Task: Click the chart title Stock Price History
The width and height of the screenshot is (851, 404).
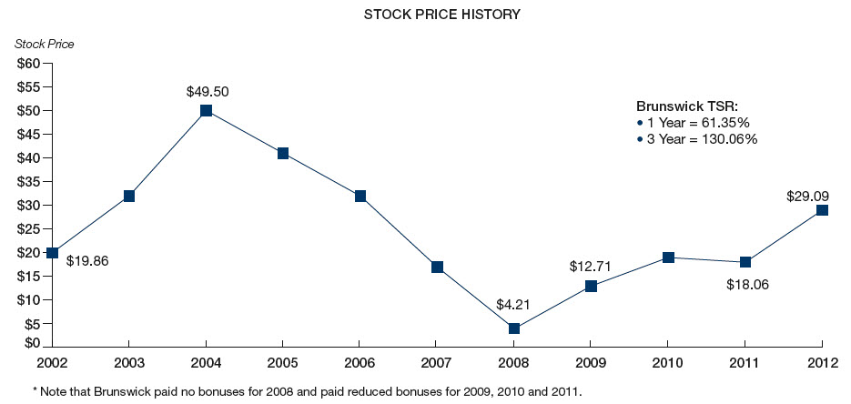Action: click(429, 15)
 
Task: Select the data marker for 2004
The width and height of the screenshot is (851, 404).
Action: click(206, 110)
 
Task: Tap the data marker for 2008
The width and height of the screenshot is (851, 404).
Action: click(514, 328)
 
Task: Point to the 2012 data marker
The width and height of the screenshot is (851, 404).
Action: click(823, 210)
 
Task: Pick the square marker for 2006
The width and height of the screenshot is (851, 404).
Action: click(360, 196)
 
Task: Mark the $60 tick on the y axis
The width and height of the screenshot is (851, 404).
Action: click(28, 64)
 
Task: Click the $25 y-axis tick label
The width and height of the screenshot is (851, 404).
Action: click(28, 206)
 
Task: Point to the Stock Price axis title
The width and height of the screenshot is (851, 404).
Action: click(45, 45)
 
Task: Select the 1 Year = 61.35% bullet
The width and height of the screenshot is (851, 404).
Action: click(695, 122)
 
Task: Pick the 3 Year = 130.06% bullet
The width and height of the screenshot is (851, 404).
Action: click(699, 139)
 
